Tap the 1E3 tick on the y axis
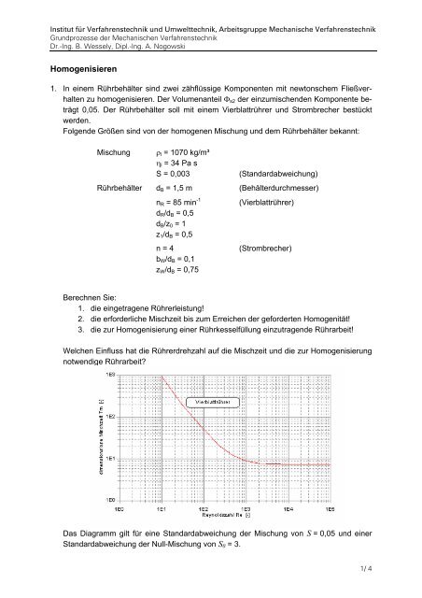(110, 373)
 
